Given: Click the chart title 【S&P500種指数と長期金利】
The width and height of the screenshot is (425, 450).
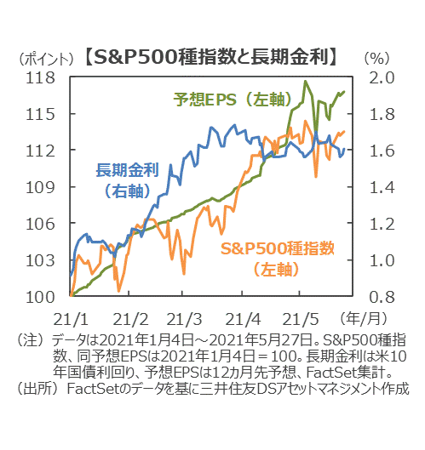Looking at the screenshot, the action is tap(211, 57).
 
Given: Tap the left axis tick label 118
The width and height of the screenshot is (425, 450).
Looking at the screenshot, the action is tap(40, 77).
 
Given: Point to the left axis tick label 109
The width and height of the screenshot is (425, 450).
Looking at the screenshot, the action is tap(40, 188).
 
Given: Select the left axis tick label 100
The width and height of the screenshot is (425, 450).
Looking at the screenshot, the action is tap(40, 298).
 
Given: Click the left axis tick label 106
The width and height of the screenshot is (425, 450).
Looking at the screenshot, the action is tap(40, 224).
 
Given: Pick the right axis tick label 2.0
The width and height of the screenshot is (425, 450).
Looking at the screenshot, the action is tap(382, 77).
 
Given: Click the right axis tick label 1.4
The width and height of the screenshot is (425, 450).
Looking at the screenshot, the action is tap(382, 188).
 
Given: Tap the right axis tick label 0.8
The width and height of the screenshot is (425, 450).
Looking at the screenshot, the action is tap(382, 298).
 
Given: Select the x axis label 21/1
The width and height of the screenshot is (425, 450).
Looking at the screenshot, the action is tap(71, 319).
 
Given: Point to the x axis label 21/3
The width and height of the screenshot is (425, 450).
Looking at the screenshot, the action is tap(184, 319).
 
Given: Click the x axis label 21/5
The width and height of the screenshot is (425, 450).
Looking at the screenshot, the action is tap(301, 319).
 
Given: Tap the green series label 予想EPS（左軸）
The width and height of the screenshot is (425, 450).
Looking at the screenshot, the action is tap(233, 100).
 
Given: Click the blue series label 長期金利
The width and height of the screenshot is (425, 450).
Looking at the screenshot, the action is tap(127, 169).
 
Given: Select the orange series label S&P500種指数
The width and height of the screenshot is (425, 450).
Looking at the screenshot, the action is tap(278, 248).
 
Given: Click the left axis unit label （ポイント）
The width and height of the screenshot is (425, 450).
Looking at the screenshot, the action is tap(46, 59).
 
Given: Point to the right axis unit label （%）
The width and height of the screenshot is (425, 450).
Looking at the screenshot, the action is tap(377, 59).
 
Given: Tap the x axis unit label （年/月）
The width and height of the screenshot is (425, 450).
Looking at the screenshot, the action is tap(364, 318).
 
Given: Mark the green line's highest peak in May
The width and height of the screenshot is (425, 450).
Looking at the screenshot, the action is tap(305, 81).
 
